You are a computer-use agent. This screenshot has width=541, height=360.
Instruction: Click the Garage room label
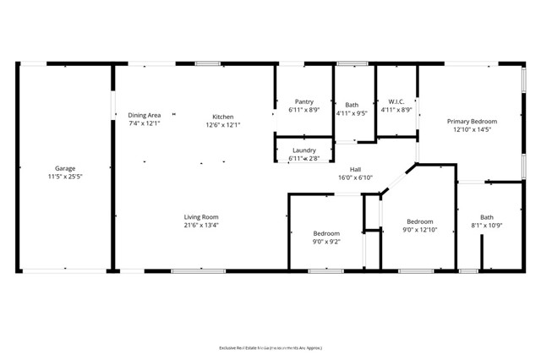pyautogui.click(x=65, y=168)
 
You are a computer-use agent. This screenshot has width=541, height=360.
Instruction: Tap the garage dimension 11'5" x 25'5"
pyautogui.click(x=65, y=177)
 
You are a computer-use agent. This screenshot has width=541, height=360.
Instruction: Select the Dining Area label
pyautogui.click(x=145, y=115)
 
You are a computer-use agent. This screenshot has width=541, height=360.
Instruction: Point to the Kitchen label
pyautogui.click(x=223, y=117)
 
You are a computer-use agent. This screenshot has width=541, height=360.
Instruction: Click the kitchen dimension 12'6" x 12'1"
pyautogui.click(x=223, y=125)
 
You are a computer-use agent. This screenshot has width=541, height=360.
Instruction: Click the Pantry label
pyautogui.click(x=303, y=101)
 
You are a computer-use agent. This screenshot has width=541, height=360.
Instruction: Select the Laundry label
pyautogui.click(x=303, y=150)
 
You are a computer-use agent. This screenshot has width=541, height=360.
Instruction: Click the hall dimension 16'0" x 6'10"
pyautogui.click(x=355, y=177)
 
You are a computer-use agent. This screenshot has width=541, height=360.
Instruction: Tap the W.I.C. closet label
pyautogui.click(x=396, y=101)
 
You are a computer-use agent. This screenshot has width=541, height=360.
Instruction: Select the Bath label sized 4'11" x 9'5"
pyautogui.click(x=352, y=106)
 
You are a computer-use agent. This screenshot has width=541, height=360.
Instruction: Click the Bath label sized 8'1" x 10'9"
pyautogui.click(x=487, y=216)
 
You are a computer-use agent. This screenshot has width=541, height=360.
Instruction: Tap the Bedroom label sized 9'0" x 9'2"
pyautogui.click(x=326, y=233)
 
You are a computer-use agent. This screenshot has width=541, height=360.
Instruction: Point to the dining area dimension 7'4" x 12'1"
pyautogui.click(x=145, y=123)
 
